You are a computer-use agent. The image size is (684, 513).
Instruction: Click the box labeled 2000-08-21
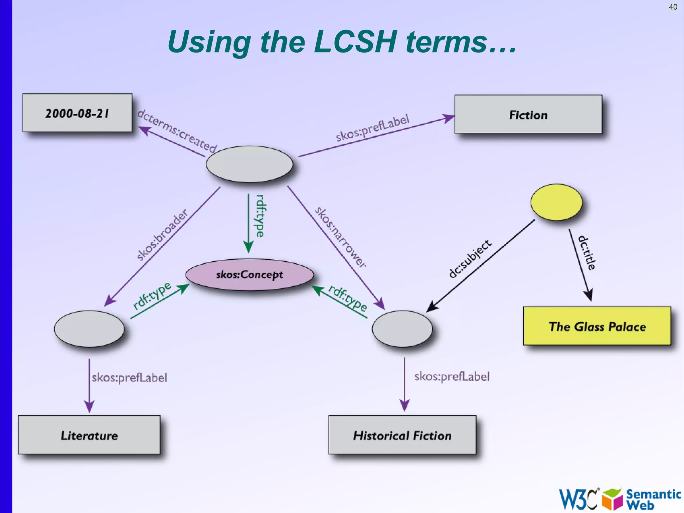(77, 113)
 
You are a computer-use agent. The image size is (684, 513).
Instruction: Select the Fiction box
(528, 115)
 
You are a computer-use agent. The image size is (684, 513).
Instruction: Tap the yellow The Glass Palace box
(597, 326)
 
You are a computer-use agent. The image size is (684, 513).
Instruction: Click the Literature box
(89, 435)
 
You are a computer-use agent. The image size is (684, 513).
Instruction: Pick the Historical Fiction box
(402, 435)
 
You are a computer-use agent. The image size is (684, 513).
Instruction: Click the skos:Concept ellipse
(249, 275)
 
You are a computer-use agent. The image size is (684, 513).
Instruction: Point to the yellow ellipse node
(556, 202)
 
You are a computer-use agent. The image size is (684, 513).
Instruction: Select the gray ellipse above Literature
(89, 329)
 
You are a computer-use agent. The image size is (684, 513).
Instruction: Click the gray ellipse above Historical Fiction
(402, 329)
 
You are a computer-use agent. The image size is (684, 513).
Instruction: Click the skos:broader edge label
(162, 235)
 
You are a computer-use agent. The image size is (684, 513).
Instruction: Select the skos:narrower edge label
(341, 237)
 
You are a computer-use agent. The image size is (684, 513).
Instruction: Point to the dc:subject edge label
(470, 259)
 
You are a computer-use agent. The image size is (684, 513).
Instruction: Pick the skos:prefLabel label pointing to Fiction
(372, 128)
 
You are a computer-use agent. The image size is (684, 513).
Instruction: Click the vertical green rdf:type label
(260, 216)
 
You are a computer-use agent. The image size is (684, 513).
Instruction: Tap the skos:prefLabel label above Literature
(130, 378)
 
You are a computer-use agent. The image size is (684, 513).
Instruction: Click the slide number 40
(673, 7)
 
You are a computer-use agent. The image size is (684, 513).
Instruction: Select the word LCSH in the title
(355, 42)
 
